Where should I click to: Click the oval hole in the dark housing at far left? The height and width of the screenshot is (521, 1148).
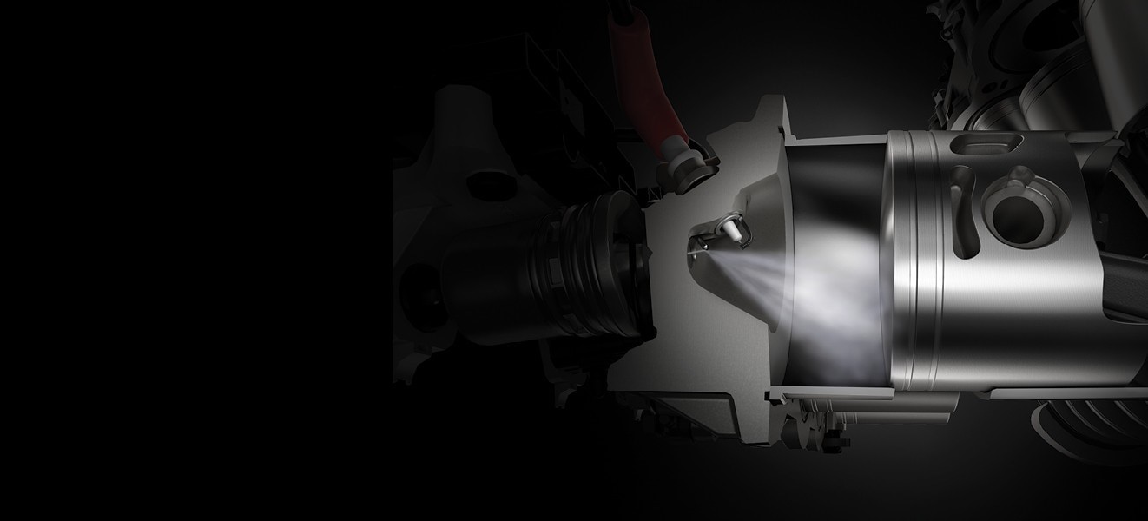click(x=477, y=187)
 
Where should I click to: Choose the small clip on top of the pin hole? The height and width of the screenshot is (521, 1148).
click(x=1021, y=181)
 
